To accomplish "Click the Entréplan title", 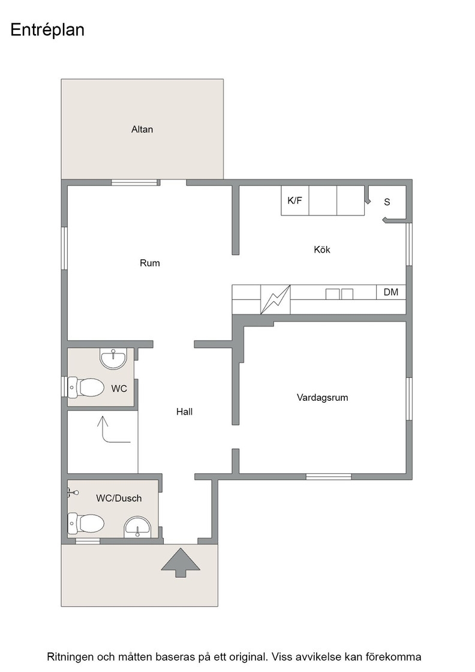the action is pyautogui.click(x=47, y=30).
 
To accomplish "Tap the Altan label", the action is pyautogui.click(x=142, y=130).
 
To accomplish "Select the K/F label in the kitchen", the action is pyautogui.click(x=294, y=200).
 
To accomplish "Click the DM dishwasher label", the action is pyautogui.click(x=391, y=292).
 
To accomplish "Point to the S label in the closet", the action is pyautogui.click(x=387, y=202).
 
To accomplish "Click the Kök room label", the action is pyautogui.click(x=322, y=250).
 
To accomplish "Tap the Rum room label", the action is pyautogui.click(x=150, y=263).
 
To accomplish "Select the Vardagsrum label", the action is pyautogui.click(x=323, y=398).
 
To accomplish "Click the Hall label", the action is pyautogui.click(x=185, y=412).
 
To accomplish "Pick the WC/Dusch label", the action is pyautogui.click(x=119, y=499).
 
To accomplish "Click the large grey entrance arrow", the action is pyautogui.click(x=181, y=562).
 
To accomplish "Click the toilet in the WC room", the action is pyautogui.click(x=86, y=388).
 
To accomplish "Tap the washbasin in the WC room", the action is pyautogui.click(x=113, y=359).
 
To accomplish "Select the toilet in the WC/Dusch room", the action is pyautogui.click(x=86, y=523).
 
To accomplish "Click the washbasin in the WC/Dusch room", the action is pyautogui.click(x=137, y=527).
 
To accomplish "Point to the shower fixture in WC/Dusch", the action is pyautogui.click(x=73, y=493).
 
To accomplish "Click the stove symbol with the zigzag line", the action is pyautogui.click(x=275, y=299).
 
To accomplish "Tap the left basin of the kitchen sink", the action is pyautogui.click(x=332, y=294).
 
